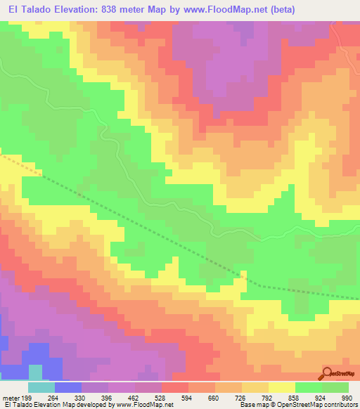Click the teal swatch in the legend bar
pos(41,388)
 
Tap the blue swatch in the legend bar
pos(68,388)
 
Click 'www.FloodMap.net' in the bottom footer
pos(144,405)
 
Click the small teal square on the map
pos(35,371)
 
